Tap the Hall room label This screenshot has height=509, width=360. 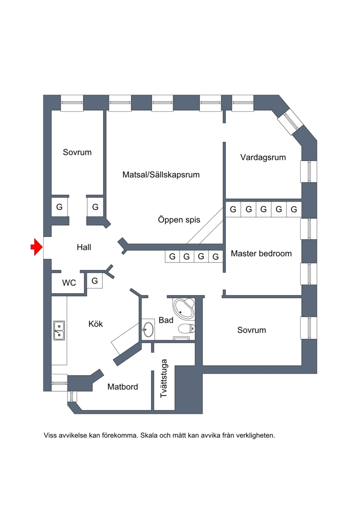pyautogui.click(x=84, y=247)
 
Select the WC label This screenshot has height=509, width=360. pyautogui.click(x=69, y=283)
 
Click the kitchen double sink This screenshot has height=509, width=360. pyautogui.click(x=59, y=330)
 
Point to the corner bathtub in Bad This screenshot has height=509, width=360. pyautogui.click(x=184, y=308)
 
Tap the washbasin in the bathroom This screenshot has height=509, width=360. pyautogui.click(x=148, y=329)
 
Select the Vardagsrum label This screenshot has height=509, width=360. pyautogui.click(x=263, y=158)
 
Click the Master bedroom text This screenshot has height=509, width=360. pyautogui.click(x=261, y=253)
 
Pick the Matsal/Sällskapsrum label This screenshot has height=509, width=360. pyautogui.click(x=161, y=175)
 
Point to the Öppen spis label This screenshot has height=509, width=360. pyautogui.click(x=179, y=220)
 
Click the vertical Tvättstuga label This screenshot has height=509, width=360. pyautogui.click(x=164, y=378)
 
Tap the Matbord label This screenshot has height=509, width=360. pyautogui.click(x=122, y=387)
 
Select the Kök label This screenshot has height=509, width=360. pyautogui.click(x=95, y=324)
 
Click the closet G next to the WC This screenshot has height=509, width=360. pyautogui.click(x=94, y=281)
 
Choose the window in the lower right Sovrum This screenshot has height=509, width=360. pyautogui.click(x=309, y=328)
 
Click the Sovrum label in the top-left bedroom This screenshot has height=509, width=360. pyautogui.click(x=77, y=152)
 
